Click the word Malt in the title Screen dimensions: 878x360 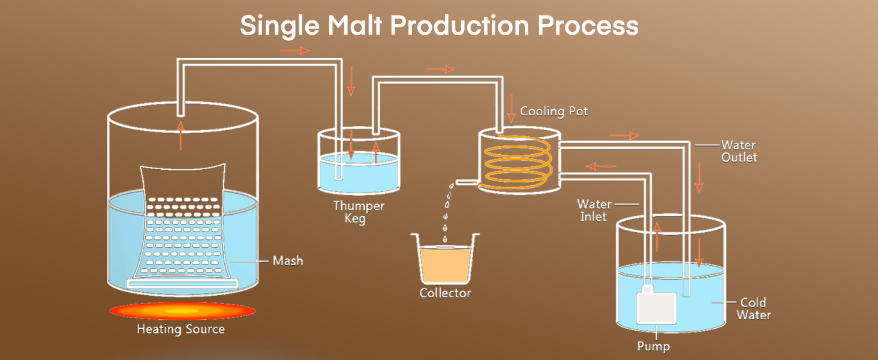click(x=355, y=25)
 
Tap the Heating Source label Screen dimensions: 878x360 click(x=181, y=329)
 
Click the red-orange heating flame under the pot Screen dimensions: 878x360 click(x=182, y=311)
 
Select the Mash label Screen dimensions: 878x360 click(x=288, y=261)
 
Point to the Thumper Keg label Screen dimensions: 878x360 click(x=359, y=212)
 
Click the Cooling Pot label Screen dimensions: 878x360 click(x=554, y=112)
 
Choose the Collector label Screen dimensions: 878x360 click(x=445, y=293)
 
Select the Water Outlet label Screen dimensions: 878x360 click(x=739, y=151)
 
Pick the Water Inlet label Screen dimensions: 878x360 click(x=594, y=211)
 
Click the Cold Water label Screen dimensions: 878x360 click(x=753, y=308)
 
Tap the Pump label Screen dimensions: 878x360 click(x=654, y=346)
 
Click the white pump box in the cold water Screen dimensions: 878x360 click(x=656, y=307)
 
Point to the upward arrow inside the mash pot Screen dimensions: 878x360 click(x=181, y=136)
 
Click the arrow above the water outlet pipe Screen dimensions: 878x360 click(x=624, y=136)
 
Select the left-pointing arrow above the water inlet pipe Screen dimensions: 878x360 click(x=602, y=166)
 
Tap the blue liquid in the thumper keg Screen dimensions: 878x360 click(x=359, y=173)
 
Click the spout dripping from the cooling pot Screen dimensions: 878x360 click(x=465, y=182)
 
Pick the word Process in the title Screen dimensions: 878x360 click(x=588, y=25)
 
